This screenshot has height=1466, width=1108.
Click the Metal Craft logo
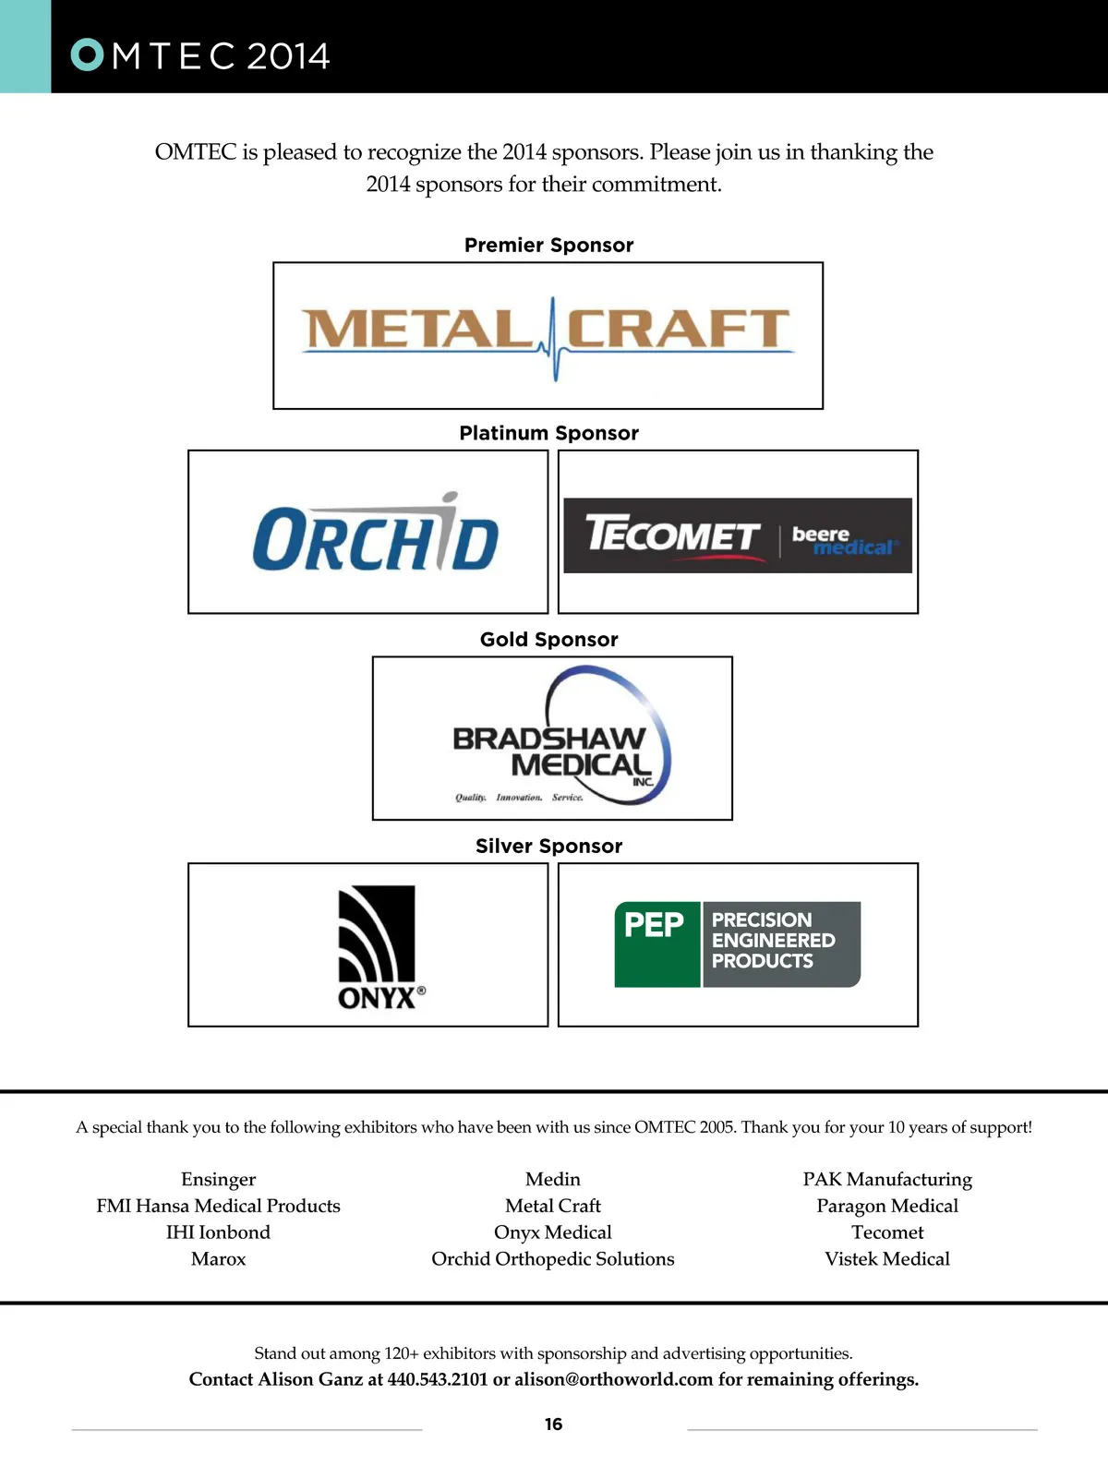click(548, 338)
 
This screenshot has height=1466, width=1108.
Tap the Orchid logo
click(376, 532)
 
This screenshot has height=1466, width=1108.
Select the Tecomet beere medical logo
click(738, 535)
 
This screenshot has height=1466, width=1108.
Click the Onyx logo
click(380, 946)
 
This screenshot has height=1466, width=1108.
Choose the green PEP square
click(657, 943)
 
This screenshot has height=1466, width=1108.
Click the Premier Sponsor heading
click(548, 246)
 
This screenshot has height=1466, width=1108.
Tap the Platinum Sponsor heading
click(548, 433)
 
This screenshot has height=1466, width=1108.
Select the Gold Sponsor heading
click(548, 639)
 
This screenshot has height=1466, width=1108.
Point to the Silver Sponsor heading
click(548, 846)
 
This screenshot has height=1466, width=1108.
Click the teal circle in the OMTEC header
click(87, 54)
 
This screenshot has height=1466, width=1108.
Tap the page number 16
click(553, 1424)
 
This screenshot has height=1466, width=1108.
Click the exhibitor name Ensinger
click(219, 1180)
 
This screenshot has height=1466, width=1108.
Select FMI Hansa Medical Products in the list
click(219, 1206)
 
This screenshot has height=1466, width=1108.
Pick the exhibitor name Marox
click(219, 1259)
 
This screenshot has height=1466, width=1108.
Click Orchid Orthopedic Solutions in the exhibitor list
click(553, 1259)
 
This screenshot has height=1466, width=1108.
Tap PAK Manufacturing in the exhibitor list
click(887, 1180)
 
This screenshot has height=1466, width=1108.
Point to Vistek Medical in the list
click(887, 1259)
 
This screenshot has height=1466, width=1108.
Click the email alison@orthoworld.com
click(613, 1379)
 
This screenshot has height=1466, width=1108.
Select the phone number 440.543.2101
click(438, 1379)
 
